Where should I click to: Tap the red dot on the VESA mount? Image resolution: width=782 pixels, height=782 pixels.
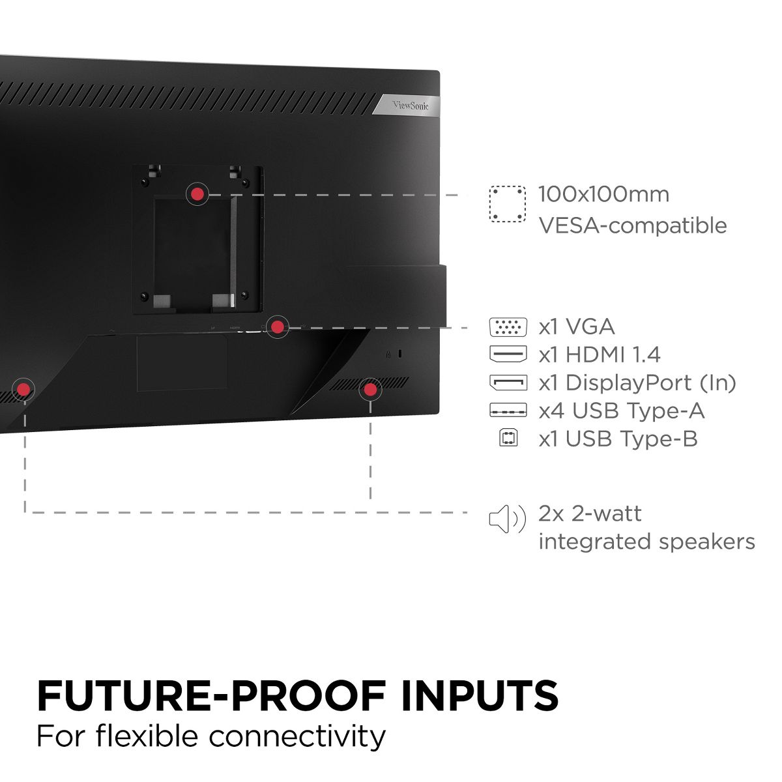197,194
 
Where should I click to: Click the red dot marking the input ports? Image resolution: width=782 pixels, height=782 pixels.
278,326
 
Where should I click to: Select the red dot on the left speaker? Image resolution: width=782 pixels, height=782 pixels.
24,390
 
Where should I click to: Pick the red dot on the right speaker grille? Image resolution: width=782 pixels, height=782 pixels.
370,390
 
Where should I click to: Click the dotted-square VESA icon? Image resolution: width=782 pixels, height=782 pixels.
508,204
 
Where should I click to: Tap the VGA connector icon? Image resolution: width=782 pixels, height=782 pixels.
508,327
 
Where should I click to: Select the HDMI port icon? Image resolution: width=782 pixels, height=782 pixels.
508,355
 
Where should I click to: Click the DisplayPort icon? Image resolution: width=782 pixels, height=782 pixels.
508,383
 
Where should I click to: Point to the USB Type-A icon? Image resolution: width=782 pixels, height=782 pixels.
508,411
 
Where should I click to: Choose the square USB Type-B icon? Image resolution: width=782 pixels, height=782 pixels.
508,439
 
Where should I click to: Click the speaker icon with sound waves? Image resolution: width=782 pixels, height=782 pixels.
507,519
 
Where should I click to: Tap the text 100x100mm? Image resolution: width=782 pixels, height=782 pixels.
603,194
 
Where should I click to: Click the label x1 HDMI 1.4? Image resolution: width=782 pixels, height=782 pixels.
600,355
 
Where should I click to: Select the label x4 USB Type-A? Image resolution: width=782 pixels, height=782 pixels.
622,411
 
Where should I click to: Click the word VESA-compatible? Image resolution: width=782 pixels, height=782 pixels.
632,225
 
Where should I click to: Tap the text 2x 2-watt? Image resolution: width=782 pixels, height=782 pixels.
590,514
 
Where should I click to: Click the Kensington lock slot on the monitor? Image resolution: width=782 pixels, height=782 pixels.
400,354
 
